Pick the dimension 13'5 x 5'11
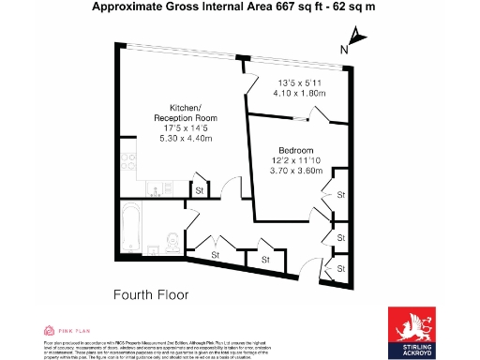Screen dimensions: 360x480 click(x=299, y=82)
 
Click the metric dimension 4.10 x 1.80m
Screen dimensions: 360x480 click(x=299, y=93)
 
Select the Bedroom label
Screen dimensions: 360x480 click(x=295, y=151)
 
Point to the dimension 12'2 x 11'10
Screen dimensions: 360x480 click(x=295, y=162)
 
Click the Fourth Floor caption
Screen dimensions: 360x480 click(x=151, y=294)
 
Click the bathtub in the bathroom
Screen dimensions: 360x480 click(x=132, y=229)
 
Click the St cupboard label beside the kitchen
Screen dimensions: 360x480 click(x=199, y=191)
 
